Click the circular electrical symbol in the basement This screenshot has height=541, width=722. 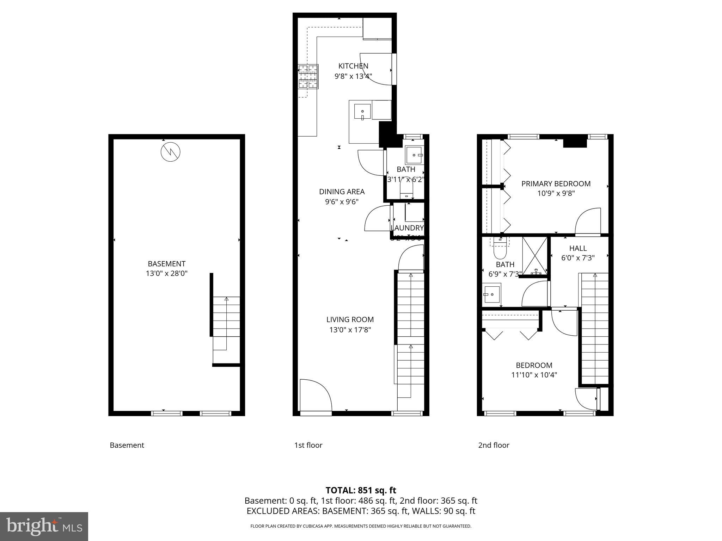point(170,152)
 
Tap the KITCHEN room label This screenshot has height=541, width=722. point(353,66)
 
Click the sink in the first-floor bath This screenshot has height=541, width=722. point(414,154)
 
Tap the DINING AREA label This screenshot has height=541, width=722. point(342,192)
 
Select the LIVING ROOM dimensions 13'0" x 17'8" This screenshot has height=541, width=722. point(350,330)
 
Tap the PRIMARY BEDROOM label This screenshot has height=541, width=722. point(556,184)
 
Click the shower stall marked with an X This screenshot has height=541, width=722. point(535,256)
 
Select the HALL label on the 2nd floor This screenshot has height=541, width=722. point(578,248)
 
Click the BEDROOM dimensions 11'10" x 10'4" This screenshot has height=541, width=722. point(534,375)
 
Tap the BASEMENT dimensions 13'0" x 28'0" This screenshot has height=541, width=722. point(166,273)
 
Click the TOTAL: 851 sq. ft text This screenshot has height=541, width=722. point(361,490)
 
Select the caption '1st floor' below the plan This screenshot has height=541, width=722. point(308,445)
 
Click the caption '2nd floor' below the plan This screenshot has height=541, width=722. point(494,445)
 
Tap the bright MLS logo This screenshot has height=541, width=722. point(44,526)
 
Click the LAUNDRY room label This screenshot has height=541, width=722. point(407,228)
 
